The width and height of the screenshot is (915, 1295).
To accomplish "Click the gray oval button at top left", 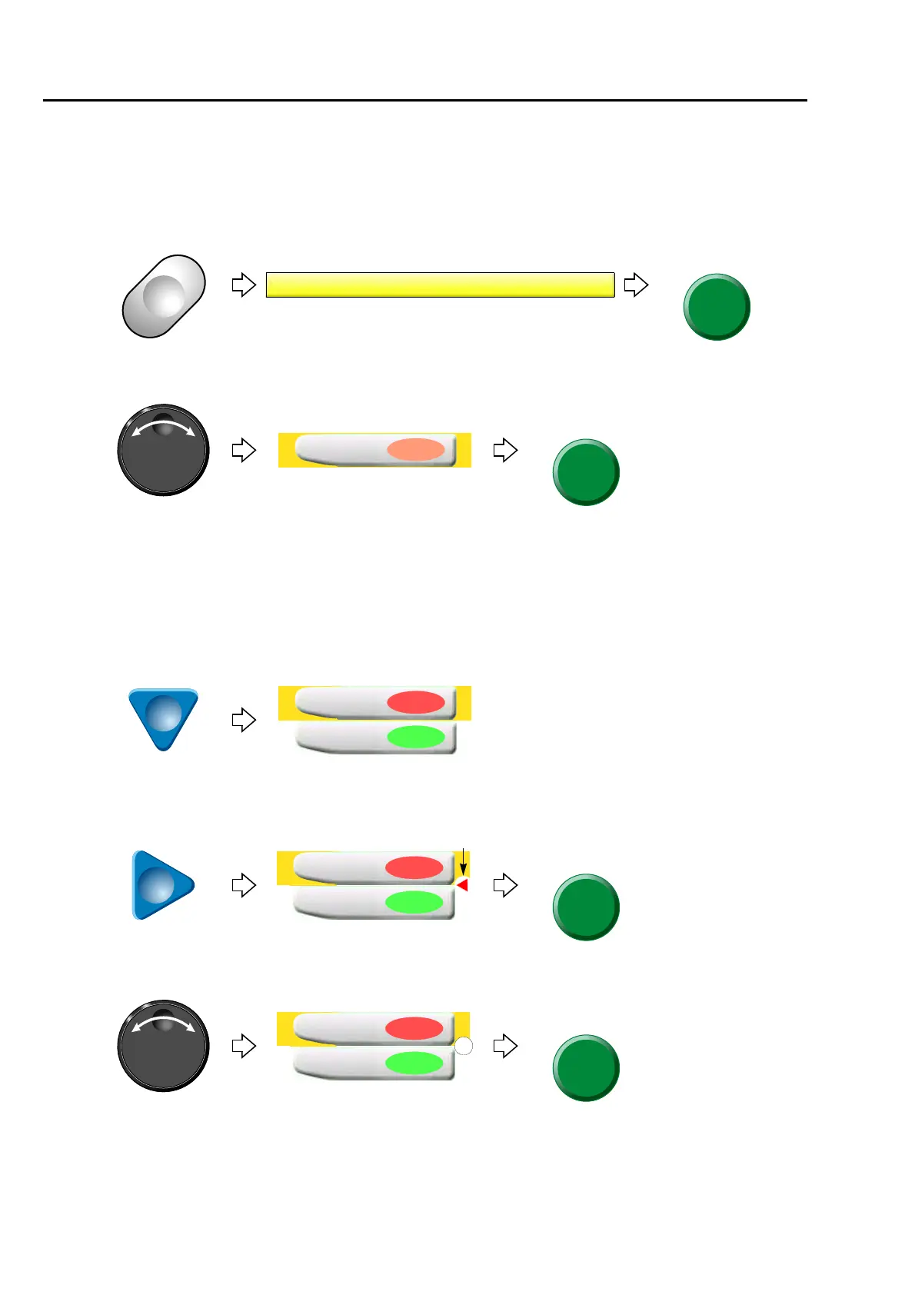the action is coord(164,296).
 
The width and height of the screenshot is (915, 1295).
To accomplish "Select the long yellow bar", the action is coord(440,285).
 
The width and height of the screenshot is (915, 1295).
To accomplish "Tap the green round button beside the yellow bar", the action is coord(717,307).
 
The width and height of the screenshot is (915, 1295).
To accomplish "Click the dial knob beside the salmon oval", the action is coord(163,450).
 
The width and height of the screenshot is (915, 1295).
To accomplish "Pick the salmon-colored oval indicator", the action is coord(415,450).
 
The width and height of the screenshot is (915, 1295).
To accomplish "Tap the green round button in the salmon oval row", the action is coord(586,472).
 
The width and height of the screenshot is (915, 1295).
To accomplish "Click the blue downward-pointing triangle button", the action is coord(163,717).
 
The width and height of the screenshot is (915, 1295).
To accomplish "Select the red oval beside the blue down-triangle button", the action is coord(415,702).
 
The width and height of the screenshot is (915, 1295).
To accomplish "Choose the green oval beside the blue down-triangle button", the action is coord(415,737).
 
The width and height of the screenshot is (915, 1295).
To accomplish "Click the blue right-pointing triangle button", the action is coord(161,885).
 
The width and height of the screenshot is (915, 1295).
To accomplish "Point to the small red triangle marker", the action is coord(462,886).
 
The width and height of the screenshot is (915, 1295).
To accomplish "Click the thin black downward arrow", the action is coord(463,862).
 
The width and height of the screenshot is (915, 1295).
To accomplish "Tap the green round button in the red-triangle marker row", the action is coord(586,907).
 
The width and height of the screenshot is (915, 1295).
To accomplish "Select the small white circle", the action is coord(464,1046).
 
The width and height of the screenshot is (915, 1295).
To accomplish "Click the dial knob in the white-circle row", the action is coord(163,1046).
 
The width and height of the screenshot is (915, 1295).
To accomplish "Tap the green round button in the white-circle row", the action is coord(586,1067).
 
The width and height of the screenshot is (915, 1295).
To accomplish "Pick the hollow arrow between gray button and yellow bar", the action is coord(244,285).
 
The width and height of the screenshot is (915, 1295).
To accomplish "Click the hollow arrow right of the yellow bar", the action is coord(636,285).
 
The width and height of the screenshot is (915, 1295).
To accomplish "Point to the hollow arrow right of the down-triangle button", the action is coord(244,720).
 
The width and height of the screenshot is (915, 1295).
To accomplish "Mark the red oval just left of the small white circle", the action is coord(414,1028).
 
